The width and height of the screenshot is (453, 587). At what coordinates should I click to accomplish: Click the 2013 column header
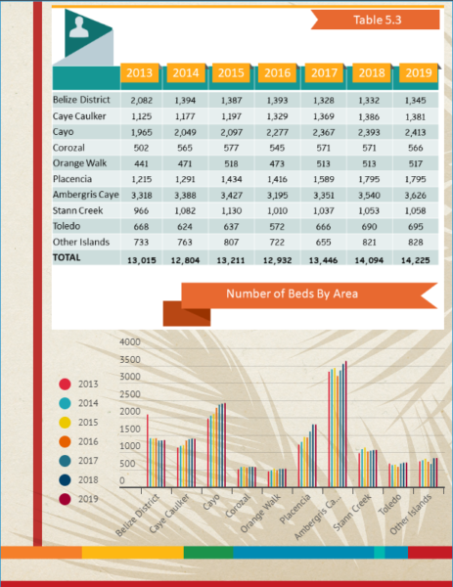point(139,72)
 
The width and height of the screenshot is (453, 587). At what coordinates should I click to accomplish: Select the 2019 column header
point(419,72)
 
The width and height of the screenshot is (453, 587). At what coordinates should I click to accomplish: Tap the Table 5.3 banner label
point(378,20)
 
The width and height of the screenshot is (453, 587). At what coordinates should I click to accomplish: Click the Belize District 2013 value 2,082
point(142,101)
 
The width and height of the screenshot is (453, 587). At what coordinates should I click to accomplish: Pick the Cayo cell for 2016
point(277,132)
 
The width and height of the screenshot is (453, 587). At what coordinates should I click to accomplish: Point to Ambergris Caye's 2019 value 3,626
point(415,195)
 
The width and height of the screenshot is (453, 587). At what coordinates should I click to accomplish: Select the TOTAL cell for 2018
point(369,260)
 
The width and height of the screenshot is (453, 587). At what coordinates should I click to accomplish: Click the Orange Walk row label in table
point(80,163)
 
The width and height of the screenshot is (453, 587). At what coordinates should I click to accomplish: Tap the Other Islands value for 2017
point(323,243)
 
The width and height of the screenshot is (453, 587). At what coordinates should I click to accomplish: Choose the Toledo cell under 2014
point(185,227)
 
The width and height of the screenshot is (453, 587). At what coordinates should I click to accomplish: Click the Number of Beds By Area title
point(292,293)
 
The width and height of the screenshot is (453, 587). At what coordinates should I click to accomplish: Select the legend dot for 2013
point(65,384)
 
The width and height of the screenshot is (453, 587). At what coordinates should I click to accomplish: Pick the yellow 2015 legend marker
point(65,423)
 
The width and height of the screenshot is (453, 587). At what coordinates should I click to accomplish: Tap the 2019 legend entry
point(79,499)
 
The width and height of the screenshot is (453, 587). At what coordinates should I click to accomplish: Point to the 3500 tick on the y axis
point(130,359)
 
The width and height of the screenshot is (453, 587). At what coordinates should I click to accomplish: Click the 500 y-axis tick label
point(127,464)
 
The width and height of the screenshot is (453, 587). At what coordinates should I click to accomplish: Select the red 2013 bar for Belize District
point(148,450)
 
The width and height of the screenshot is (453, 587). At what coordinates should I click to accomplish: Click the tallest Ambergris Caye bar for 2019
point(346,424)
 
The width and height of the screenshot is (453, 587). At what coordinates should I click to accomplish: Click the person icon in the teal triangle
point(79,27)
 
